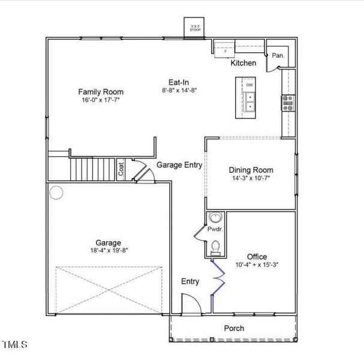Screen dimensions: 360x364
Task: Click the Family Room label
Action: [101, 91]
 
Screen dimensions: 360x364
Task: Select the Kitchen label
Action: [243, 63]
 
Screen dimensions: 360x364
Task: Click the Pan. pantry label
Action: [278, 55]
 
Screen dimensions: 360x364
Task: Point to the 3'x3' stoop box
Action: [195, 28]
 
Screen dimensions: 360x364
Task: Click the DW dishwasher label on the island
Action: [249, 85]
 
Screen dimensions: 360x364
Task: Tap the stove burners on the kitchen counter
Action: [288, 103]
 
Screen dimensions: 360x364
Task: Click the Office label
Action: [257, 257]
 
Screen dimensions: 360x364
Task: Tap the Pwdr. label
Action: [215, 229]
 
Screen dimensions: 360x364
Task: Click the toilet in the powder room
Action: [215, 247]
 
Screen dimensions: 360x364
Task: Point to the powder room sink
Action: [215, 218]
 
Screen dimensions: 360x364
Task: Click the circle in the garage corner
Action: [56, 193]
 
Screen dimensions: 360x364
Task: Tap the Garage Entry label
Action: [179, 165]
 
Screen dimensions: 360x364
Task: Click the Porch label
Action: [234, 328]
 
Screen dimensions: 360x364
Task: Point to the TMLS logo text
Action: [15, 344]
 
